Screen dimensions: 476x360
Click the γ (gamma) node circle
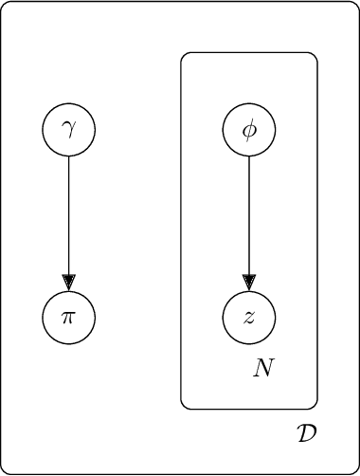[x=68, y=128]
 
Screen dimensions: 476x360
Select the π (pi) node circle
[x=68, y=317]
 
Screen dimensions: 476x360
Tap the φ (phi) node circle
[x=249, y=128]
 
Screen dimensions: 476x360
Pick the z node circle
[x=249, y=317]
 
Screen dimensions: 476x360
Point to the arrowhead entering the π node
[x=68, y=283]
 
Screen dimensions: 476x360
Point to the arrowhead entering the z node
[x=249, y=283]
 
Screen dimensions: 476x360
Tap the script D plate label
[x=306, y=434]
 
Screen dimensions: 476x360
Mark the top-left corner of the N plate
[x=184, y=55]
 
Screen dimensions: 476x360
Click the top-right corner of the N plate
[x=315, y=55]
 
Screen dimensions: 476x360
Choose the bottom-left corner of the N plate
[x=184, y=407]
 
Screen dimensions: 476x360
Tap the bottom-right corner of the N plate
[x=315, y=407]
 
